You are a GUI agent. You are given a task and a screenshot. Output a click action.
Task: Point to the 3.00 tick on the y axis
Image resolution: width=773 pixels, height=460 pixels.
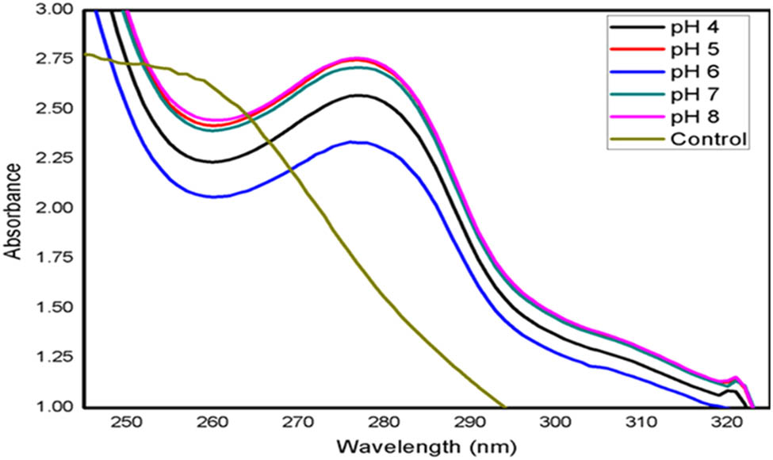pos(61,10)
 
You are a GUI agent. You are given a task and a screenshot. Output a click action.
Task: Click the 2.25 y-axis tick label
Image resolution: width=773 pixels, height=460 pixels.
pos(61,159)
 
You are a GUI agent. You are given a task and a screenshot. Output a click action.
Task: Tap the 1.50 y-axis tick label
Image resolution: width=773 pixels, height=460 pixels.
pos(61,308)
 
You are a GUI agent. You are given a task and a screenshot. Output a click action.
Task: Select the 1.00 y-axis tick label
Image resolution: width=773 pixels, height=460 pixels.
pos(61,407)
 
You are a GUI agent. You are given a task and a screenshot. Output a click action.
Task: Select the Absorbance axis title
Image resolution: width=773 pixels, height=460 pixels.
pos(13,210)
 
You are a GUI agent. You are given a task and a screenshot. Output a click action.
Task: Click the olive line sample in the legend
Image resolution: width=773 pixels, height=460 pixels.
pos(634,140)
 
